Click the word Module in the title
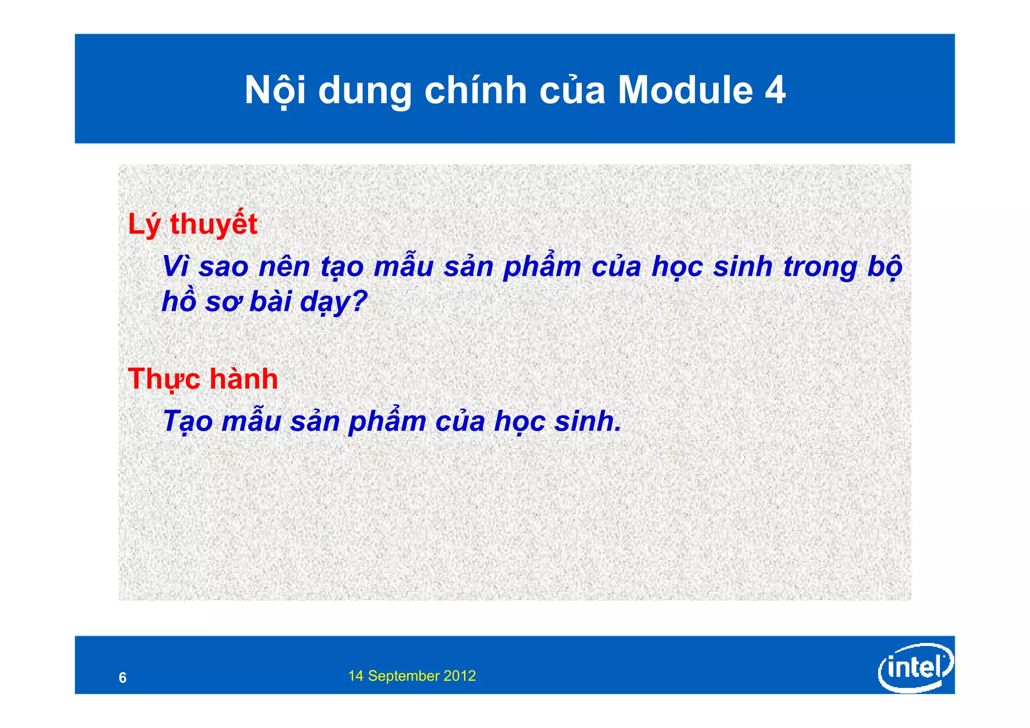coord(685,91)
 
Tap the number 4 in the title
coord(775,91)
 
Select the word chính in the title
coord(475,91)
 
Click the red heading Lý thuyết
coord(193,224)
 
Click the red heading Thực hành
coord(203,379)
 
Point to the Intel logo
coord(915,668)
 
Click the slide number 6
coord(123,678)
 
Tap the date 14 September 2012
coord(412,676)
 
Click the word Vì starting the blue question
coord(176,266)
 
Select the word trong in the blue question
coord(820,266)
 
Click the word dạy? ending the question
coord(334,302)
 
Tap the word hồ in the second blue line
coord(179,302)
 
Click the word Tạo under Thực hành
coord(188,421)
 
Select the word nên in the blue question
coord(284,266)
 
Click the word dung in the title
coord(365,91)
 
